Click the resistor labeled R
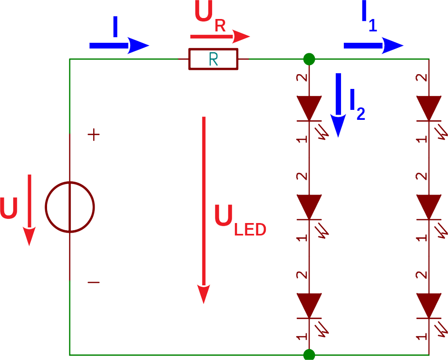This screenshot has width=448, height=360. coord(213,59)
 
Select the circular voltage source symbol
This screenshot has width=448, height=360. coord(70,207)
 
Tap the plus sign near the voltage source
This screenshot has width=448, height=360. coord(94,135)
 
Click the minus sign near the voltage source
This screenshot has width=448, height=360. coord(94,282)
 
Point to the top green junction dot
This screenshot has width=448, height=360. coord(309,59)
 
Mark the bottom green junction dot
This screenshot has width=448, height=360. coord(309,355)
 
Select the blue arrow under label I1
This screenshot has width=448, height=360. coord(373,46)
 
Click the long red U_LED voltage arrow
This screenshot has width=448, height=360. coord(204,209)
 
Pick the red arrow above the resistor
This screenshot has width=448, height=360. coord(220,36)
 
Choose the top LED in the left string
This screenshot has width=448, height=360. coord(309,108)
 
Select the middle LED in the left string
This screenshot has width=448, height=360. coord(309,207)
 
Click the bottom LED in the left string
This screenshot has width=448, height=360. coord(309,305)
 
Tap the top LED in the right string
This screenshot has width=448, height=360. coord(429,108)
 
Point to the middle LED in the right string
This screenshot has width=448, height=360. coord(429,207)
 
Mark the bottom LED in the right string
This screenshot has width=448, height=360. coord(429,305)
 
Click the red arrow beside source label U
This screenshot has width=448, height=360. coord(29,209)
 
